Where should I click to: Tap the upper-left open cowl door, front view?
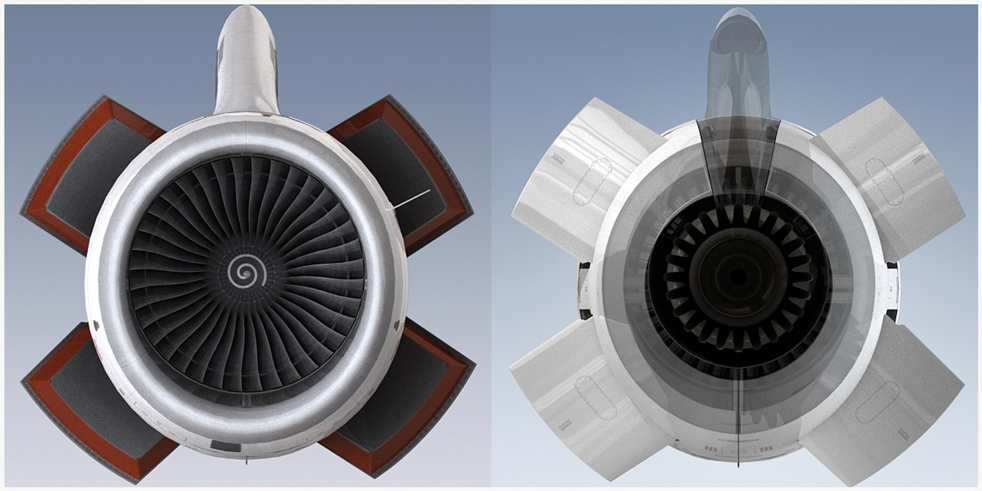pyautogui.click(x=82, y=174)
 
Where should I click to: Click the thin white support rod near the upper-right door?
pyautogui.click(x=412, y=199)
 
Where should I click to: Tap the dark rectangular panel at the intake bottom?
pyautogui.click(x=226, y=446)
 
